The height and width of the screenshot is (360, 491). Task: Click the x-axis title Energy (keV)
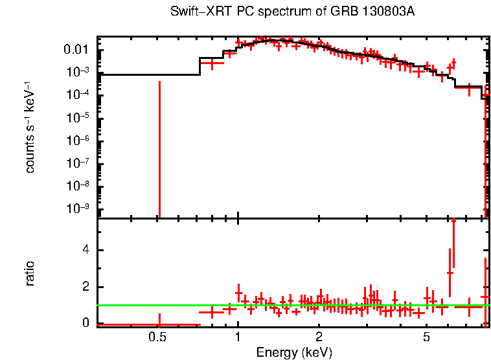[x=294, y=352]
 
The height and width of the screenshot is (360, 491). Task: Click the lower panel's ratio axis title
[x=30, y=273]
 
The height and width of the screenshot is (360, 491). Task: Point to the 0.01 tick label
[x=78, y=50]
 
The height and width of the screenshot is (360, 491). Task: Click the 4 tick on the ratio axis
[x=85, y=251]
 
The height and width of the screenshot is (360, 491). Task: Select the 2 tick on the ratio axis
[x=85, y=287]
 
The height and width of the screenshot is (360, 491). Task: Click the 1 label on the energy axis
[x=238, y=337]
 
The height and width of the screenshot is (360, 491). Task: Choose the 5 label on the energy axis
[x=426, y=337]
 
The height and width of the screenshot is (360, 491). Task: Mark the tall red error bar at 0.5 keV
[x=159, y=149]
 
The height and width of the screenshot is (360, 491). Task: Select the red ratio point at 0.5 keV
[x=159, y=323]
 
